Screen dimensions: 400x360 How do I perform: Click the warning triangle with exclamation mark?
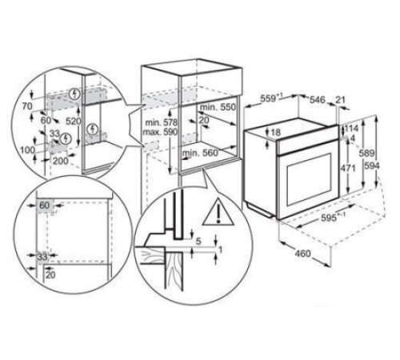click(218, 212)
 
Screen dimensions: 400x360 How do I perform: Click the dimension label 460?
click(302, 253)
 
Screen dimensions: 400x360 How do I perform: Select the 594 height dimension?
click(372, 166)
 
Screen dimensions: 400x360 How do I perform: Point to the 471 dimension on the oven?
click(348, 168)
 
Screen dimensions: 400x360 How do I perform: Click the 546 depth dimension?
click(318, 100)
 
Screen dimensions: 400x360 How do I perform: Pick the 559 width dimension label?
click(271, 98)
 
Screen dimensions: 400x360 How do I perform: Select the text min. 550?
click(218, 107)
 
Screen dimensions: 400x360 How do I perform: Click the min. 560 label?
click(200, 153)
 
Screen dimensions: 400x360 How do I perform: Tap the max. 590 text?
click(160, 132)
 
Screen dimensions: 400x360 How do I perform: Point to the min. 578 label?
click(162, 123)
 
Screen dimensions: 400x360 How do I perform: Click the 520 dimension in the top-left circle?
click(73, 122)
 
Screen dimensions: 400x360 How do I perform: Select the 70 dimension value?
click(27, 106)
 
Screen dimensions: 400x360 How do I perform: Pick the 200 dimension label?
click(60, 161)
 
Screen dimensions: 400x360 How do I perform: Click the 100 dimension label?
click(28, 150)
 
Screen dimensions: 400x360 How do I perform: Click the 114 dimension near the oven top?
click(351, 129)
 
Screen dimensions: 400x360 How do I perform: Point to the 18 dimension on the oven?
click(276, 132)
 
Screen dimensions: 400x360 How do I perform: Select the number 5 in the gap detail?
click(198, 242)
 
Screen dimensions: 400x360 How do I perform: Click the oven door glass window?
click(309, 180)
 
